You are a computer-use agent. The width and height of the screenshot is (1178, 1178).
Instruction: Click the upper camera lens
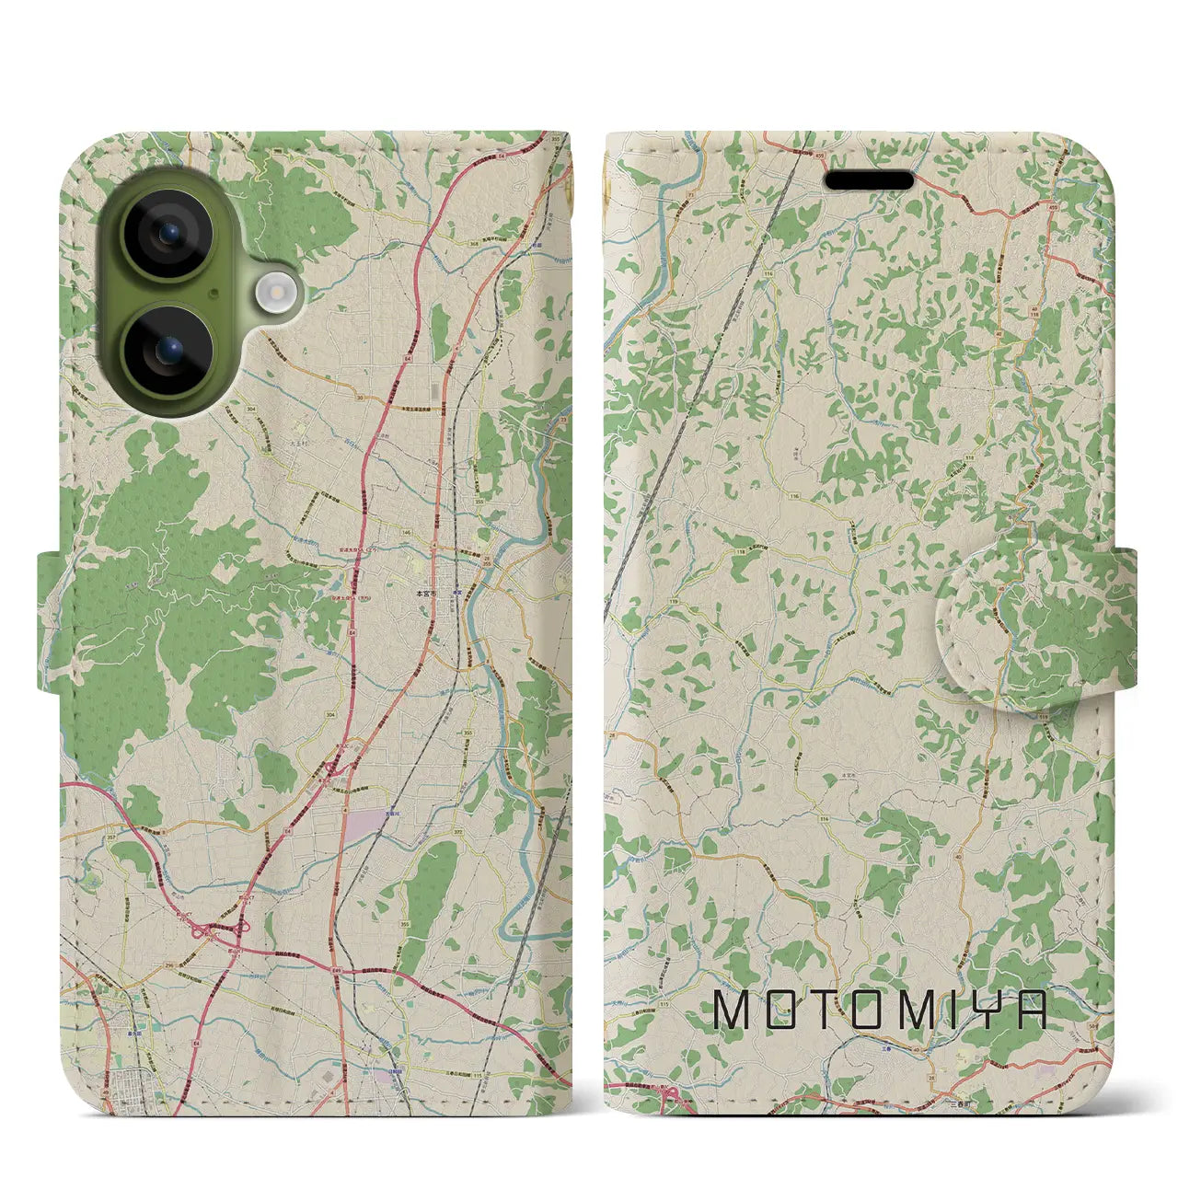point(169,235)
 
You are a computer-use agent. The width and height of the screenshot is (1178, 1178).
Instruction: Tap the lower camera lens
point(169,351)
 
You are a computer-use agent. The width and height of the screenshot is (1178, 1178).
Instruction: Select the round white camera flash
point(273,294)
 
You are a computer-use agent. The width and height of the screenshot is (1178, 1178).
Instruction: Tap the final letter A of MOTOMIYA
point(1032,1011)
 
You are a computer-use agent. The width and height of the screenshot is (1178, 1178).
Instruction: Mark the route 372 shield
point(456,832)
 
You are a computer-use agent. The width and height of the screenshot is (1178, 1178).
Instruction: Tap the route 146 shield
point(406,532)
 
